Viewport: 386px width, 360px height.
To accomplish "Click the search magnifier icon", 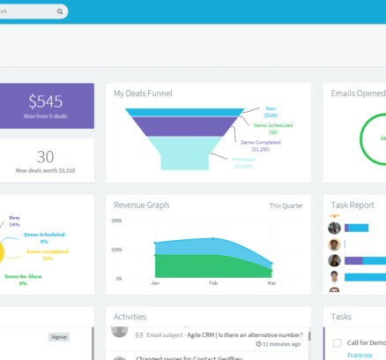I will pos(60,12).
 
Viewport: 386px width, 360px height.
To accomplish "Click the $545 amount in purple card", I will pos(46,101).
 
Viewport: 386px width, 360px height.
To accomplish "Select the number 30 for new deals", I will pos(46,156).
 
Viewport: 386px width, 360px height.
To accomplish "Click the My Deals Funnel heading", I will pos(143,93).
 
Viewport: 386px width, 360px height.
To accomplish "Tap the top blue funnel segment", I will pos(184,112).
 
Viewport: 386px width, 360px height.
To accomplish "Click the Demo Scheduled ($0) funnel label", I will pos(272,129).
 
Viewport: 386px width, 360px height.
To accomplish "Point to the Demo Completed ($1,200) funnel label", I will pos(261,145).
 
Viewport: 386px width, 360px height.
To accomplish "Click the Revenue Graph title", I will pos(141,205).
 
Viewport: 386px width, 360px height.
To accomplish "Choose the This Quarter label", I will pos(286,206).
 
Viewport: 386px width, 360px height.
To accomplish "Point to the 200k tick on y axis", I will pos(116,221).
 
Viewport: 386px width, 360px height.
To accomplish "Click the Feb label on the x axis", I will pos(212,284).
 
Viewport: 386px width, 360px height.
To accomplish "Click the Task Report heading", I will pos(353,205).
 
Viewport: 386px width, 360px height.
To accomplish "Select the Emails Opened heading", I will pos(358,93).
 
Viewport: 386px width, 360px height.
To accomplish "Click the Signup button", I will pos(59,336).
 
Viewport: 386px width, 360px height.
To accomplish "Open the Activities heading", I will pos(130,317).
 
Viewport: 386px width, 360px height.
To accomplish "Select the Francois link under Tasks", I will pos(359,355).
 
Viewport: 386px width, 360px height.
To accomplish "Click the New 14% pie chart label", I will pos(14,221).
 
